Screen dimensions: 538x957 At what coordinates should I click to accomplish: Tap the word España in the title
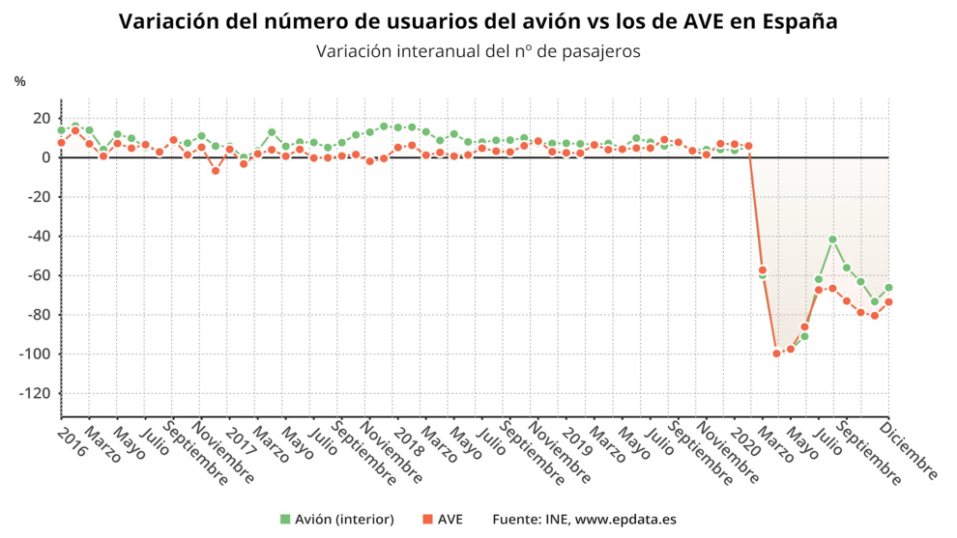pos(797,21)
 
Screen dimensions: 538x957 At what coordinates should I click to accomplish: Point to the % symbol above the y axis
pos(19,82)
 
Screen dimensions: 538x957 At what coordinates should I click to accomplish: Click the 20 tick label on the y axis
pos(41,118)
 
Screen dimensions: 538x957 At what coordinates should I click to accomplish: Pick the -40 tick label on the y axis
pos(38,236)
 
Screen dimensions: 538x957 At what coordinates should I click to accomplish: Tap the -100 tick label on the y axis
pos(34,354)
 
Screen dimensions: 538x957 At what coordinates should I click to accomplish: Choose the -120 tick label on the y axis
pos(34,394)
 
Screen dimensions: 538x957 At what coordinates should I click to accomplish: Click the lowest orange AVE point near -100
pos(776,354)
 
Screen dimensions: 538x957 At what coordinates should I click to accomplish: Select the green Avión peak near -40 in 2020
pos(832,239)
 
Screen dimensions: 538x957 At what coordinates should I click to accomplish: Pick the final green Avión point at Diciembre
pos(888,288)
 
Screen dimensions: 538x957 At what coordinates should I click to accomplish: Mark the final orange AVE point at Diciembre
pos(888,302)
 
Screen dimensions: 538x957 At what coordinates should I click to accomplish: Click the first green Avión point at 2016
pos(61,130)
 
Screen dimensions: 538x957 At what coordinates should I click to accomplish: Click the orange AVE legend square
pos(427,520)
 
